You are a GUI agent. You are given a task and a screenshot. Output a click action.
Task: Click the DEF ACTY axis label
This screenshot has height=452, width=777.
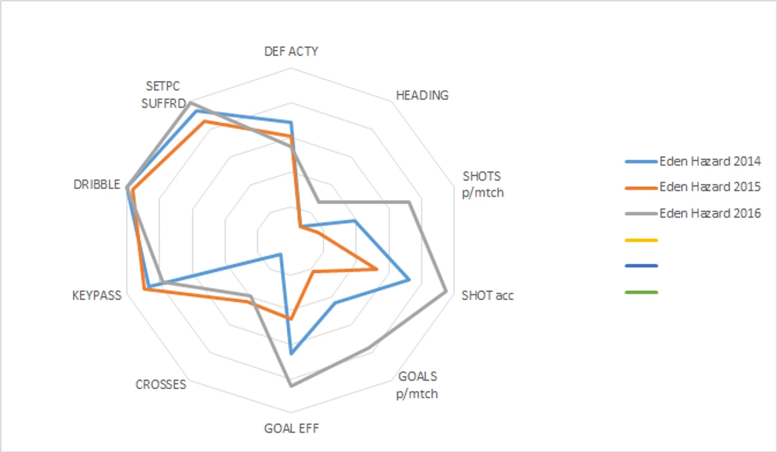(x=291, y=51)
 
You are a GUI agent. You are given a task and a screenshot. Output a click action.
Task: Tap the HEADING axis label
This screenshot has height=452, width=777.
(x=422, y=95)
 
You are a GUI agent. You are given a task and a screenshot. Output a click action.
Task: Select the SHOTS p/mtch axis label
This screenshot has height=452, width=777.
(x=482, y=184)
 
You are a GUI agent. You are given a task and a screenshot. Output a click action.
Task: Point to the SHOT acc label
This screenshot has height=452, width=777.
(x=487, y=295)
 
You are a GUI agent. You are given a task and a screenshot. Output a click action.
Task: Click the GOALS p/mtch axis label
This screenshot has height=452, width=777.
(x=417, y=385)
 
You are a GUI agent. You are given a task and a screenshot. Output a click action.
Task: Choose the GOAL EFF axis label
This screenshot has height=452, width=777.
(x=291, y=429)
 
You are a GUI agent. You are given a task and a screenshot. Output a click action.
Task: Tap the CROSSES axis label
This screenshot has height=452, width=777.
(x=161, y=384)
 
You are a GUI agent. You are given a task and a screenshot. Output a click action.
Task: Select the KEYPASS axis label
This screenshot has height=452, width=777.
(x=97, y=295)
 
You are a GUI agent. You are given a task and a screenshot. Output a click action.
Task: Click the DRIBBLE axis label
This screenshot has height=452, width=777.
(x=97, y=184)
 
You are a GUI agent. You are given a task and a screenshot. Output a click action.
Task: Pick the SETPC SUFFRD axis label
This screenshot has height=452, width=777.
(x=163, y=95)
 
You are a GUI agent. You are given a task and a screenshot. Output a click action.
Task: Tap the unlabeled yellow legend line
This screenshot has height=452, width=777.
(x=641, y=240)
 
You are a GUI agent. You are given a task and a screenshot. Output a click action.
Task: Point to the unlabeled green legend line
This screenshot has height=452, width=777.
(x=641, y=292)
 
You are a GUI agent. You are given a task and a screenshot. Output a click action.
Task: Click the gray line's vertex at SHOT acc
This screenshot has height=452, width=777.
(x=446, y=292)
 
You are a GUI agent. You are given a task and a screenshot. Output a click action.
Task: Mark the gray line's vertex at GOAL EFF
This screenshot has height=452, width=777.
(x=291, y=385)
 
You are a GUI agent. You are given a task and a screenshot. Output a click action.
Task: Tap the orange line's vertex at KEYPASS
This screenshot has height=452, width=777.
(x=144, y=289)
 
